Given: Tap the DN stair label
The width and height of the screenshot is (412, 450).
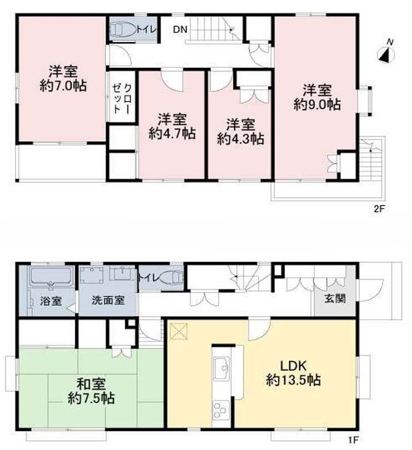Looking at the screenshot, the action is click(180, 29).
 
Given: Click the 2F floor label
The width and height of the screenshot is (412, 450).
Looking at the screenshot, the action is click(379, 209).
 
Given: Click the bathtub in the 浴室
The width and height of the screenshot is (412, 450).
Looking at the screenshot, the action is click(51, 277).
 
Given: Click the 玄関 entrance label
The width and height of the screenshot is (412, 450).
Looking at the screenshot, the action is click(335, 299).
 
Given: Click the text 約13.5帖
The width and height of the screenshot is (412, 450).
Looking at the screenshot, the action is click(293, 380).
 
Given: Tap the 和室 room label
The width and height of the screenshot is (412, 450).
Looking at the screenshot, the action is click(91, 385).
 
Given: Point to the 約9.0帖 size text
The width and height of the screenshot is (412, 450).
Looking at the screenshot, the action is click(317, 105).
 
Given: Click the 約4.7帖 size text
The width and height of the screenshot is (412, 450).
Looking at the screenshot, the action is click(172, 134).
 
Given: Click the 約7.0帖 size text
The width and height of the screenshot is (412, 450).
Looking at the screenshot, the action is click(63, 85).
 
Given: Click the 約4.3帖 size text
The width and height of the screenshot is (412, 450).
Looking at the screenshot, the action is click(240, 139).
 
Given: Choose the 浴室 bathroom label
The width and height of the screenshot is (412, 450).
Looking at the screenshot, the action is click(51, 301).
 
